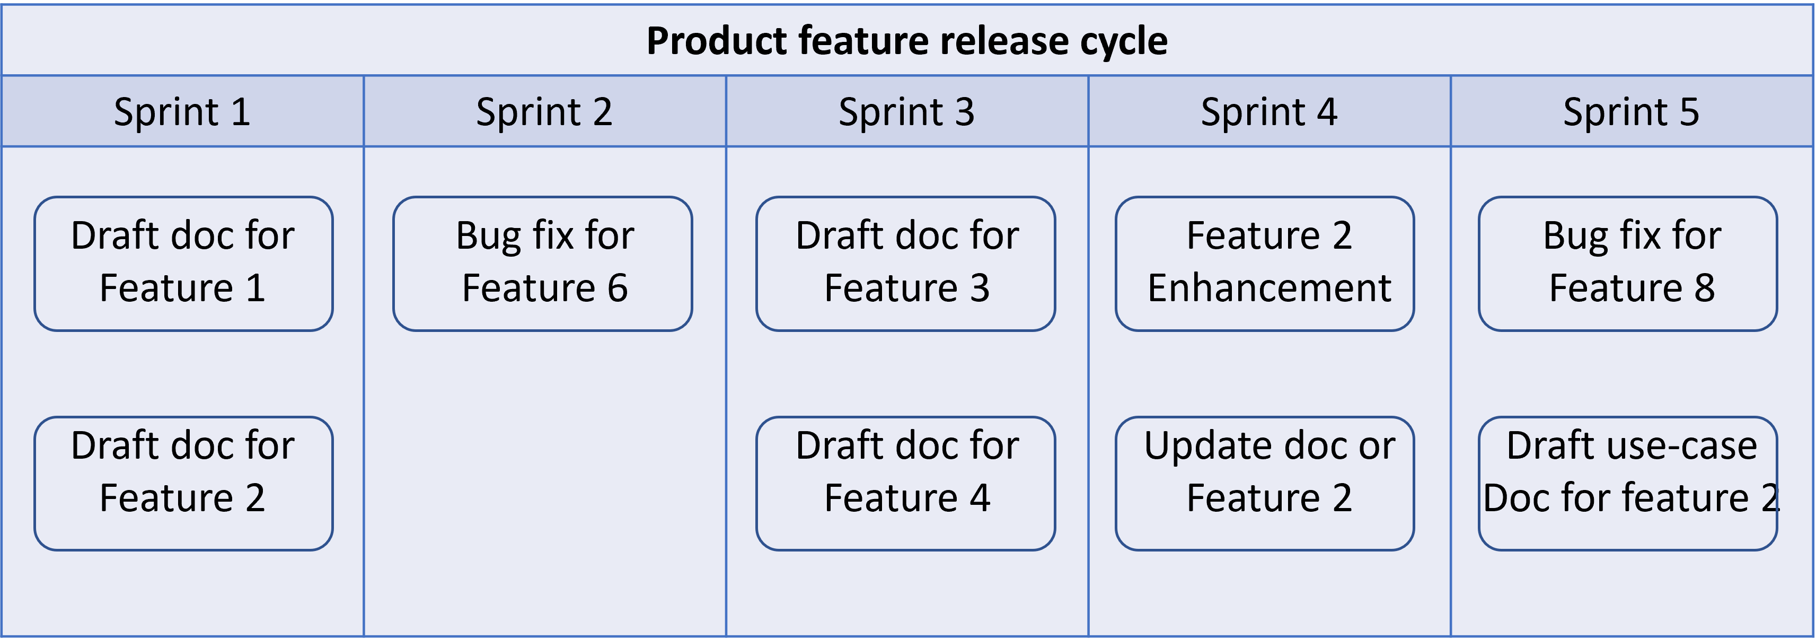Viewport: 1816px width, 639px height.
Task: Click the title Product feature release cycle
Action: coord(906,41)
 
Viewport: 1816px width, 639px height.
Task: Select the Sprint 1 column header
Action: coord(182,111)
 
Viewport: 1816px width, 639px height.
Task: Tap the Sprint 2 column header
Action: coord(544,111)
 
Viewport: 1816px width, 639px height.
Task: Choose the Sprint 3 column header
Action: coord(906,111)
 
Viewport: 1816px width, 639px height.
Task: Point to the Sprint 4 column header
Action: coord(1269,111)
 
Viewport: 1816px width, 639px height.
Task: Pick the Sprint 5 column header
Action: coord(1632,111)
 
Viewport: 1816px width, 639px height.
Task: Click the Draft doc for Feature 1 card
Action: coord(183,263)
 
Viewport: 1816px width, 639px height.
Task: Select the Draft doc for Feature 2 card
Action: coord(183,483)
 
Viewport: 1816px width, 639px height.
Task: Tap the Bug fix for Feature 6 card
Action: coord(542,263)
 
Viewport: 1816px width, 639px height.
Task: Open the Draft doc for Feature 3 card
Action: coord(905,263)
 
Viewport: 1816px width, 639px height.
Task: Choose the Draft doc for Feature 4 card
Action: coord(905,483)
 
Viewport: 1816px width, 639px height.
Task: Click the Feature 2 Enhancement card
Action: coord(1264,263)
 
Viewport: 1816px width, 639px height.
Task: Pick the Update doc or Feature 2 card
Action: coord(1264,483)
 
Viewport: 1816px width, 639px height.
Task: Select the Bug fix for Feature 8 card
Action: coord(1628,263)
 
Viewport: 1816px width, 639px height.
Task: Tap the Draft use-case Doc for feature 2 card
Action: coord(1628,483)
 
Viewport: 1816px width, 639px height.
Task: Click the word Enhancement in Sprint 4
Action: coord(1269,288)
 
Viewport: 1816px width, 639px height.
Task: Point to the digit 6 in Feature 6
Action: coord(617,288)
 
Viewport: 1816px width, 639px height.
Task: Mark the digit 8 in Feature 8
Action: coord(1704,288)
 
